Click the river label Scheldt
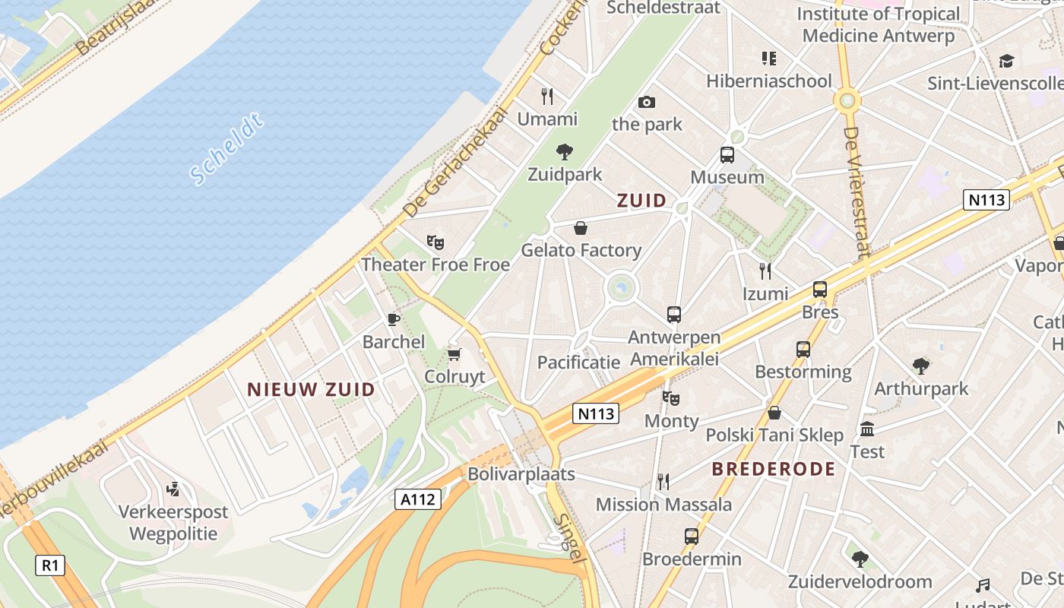(x=226, y=149)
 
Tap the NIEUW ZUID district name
(x=311, y=390)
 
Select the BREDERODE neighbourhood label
(x=773, y=469)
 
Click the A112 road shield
(x=418, y=499)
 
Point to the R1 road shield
(x=49, y=565)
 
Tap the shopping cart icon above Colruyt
(x=454, y=354)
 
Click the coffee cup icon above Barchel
(x=393, y=319)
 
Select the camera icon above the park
(x=647, y=102)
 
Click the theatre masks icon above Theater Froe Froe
(x=435, y=242)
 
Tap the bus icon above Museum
(x=727, y=155)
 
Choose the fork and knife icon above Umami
(x=547, y=96)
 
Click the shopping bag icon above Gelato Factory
(x=581, y=227)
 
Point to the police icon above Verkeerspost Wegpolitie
(x=173, y=489)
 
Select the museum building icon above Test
(x=867, y=429)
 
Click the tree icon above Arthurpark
(x=921, y=366)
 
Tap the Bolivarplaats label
(x=521, y=474)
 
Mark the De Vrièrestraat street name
(x=856, y=192)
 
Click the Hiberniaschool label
(x=769, y=81)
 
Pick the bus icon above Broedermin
(x=692, y=537)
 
